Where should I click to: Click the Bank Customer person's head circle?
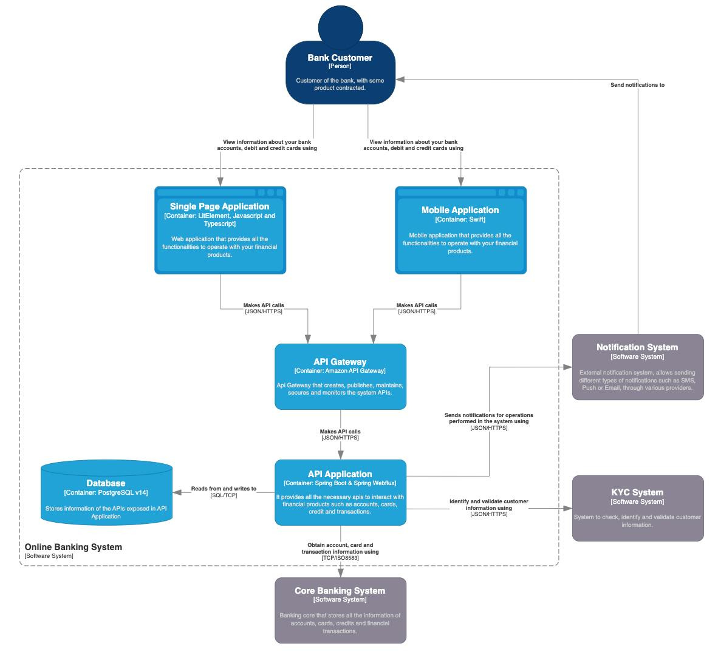[x=340, y=24]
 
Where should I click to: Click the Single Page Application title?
[x=219, y=206]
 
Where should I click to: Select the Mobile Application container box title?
[x=460, y=210]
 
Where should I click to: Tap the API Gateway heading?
[x=340, y=362]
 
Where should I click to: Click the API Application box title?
[x=340, y=474]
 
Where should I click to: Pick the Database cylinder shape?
[x=106, y=493]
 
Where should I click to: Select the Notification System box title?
[x=637, y=347]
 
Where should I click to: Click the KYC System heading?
[x=637, y=492]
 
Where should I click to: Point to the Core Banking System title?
[x=340, y=591]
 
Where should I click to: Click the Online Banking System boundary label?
[x=73, y=547]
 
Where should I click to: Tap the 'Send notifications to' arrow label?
[x=637, y=85]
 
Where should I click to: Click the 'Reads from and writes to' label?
[x=224, y=488]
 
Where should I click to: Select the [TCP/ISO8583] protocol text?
[x=340, y=558]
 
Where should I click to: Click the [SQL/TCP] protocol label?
[x=224, y=495]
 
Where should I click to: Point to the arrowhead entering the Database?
[x=177, y=492]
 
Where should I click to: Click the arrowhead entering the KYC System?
[x=567, y=509]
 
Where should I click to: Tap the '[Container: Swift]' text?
[x=460, y=220]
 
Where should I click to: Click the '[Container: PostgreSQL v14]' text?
[x=106, y=493]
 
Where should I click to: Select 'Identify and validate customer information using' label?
[x=488, y=504]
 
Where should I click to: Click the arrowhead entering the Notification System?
[x=567, y=367]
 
